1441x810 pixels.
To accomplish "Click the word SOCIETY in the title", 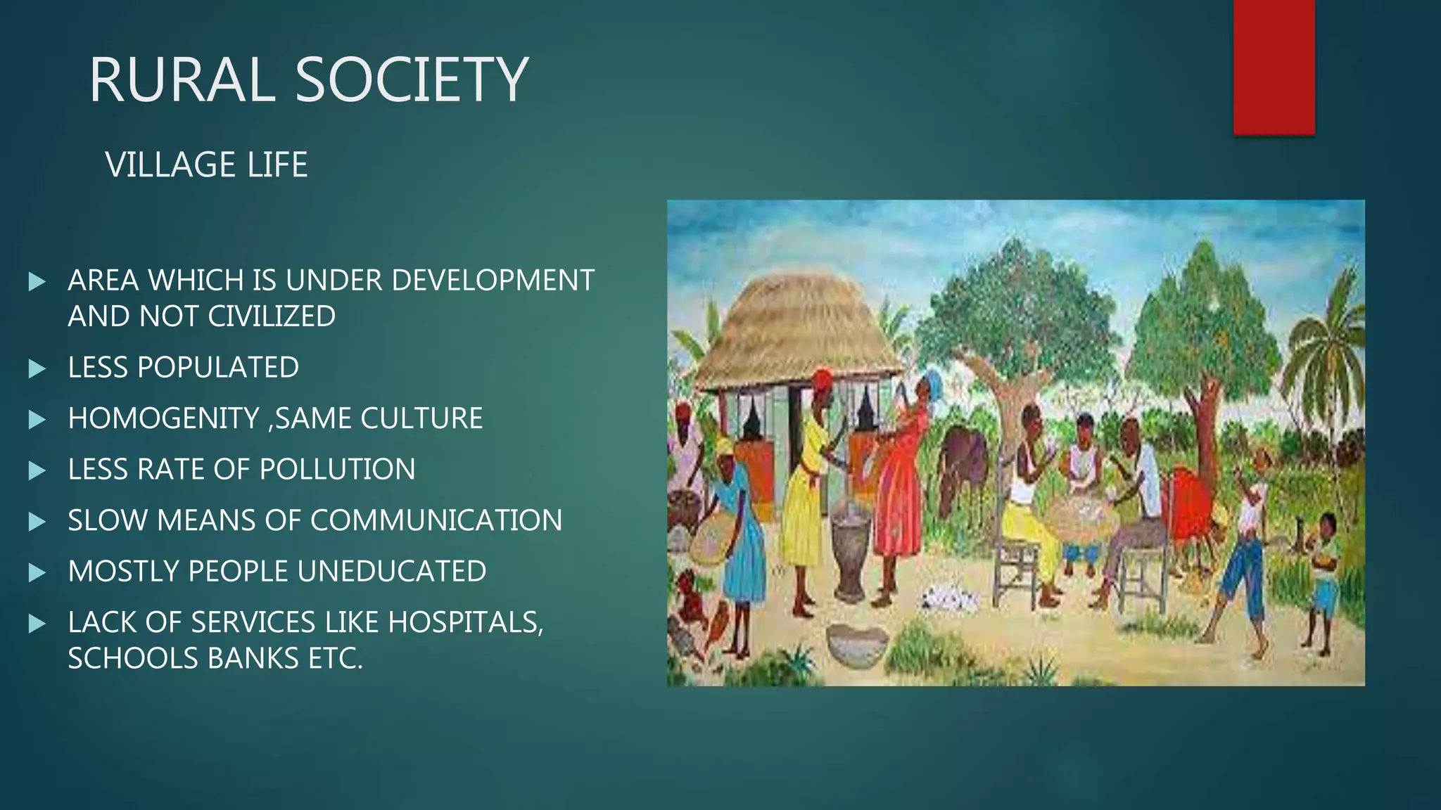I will pyautogui.click(x=412, y=79).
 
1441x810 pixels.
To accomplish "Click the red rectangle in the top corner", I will pyautogui.click(x=1274, y=67).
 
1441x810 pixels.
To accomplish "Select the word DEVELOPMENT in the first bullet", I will pyautogui.click(x=493, y=280).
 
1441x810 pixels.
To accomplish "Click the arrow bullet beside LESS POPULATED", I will pyautogui.click(x=37, y=368).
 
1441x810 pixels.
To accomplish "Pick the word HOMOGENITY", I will pyautogui.click(x=163, y=418).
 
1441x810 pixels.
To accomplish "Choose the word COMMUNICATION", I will pyautogui.click(x=436, y=520).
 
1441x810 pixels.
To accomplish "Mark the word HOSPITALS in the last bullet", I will pyautogui.click(x=464, y=622).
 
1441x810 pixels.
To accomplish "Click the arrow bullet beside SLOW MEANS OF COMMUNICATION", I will pyautogui.click(x=37, y=521).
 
